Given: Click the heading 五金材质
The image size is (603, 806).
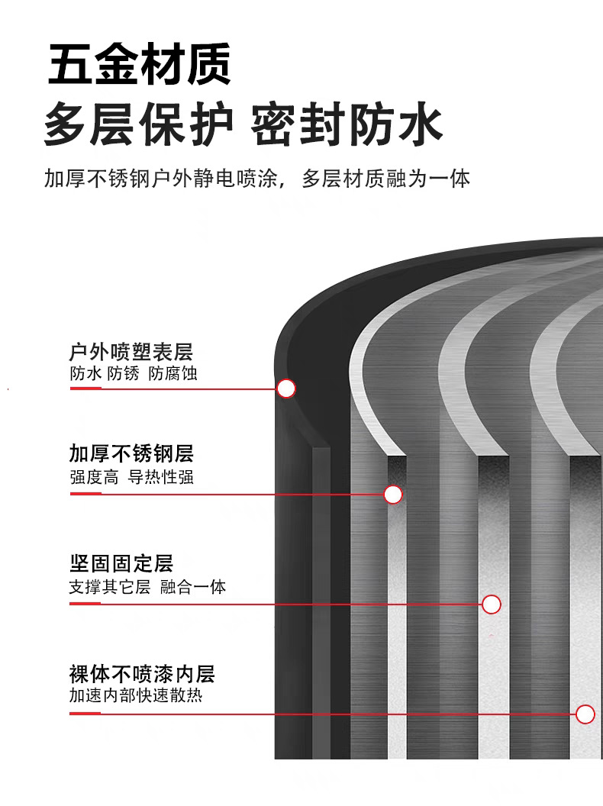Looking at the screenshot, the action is pos(140,65).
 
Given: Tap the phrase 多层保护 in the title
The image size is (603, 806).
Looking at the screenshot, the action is pos(139,125).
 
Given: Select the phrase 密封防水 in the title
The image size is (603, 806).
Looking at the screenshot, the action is pos(347,125).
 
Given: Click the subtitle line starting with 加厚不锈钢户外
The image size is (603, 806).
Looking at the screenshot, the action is pos(257,179).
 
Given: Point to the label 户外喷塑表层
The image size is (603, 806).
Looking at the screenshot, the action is pos(131,352).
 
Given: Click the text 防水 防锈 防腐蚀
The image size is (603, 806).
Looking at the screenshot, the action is pos(134,374).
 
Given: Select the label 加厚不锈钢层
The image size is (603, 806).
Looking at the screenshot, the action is pos(131,454).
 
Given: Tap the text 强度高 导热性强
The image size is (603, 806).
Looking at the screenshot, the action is pos(131,477).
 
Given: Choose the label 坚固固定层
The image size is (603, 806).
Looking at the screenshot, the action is pos(121,563).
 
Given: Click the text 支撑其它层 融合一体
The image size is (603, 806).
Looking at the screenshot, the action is pos(147,586).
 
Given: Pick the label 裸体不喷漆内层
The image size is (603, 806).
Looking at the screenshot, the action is pos(142,673).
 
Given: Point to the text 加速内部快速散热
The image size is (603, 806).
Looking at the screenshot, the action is pos(136,695).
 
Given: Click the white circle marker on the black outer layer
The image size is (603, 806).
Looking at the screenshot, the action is pos(286,388).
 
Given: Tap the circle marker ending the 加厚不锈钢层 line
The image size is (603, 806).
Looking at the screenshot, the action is pos(393,495).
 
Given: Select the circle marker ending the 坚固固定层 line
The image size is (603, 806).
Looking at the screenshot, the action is pos(492,604).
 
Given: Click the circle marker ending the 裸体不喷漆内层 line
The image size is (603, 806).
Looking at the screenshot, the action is pos(585,714).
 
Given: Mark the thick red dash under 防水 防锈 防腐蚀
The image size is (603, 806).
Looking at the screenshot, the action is pos(85,388).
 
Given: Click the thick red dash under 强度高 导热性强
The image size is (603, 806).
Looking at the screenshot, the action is pos(85,494).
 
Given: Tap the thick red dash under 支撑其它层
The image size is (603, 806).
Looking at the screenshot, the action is pos(85,604).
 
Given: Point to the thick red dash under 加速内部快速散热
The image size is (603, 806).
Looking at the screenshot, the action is pos(85,714).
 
